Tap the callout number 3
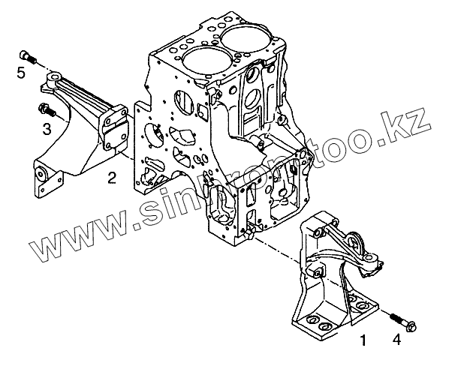point(47,129)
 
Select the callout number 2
point(111,178)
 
